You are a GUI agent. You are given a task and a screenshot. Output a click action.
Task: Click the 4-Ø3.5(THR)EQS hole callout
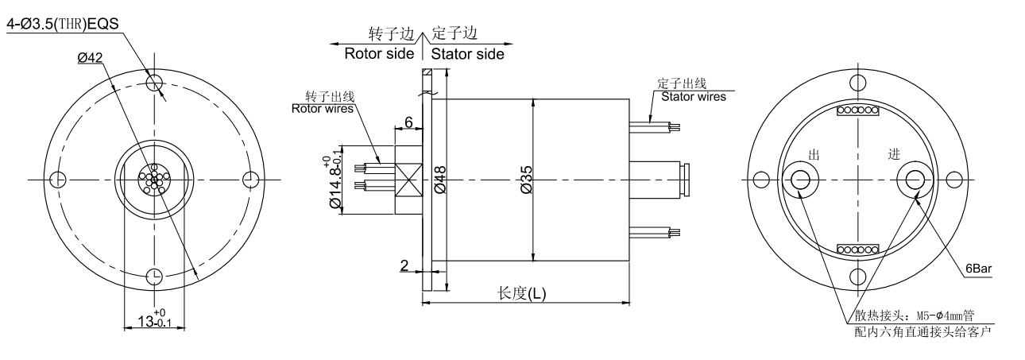(62, 23)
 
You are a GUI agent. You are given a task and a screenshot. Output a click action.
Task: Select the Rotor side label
(379, 54)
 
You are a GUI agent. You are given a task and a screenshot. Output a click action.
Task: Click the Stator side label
(467, 54)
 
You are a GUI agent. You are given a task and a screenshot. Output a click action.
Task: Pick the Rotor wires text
(323, 108)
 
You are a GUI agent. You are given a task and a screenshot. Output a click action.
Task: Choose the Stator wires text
(694, 97)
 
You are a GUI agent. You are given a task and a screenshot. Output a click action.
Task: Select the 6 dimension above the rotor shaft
(408, 122)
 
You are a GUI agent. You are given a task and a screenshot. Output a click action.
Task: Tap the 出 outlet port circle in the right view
(800, 180)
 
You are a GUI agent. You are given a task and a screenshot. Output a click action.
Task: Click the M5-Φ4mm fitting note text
(913, 315)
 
